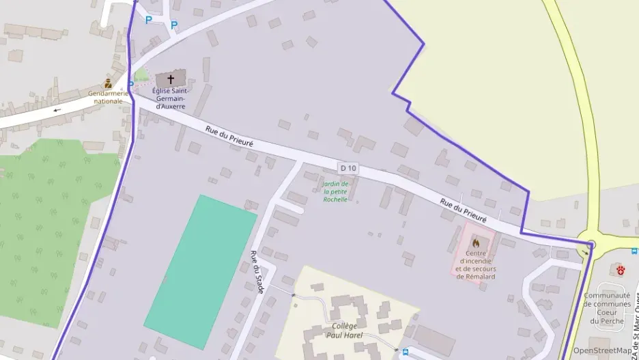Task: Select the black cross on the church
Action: click(171, 79)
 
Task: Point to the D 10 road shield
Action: click(347, 168)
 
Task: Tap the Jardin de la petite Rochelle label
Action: click(335, 192)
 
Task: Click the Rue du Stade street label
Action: click(257, 272)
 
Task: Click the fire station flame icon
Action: click(476, 243)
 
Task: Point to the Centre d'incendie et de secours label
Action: click(476, 261)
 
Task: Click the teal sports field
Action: click(200, 271)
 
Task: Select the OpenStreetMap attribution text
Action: click(602, 350)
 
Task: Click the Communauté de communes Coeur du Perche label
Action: click(607, 308)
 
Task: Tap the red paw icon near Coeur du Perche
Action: click(621, 270)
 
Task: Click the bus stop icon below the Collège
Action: click(406, 352)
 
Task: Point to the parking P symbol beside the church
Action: click(131, 85)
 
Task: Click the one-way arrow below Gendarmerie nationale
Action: click(57, 109)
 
